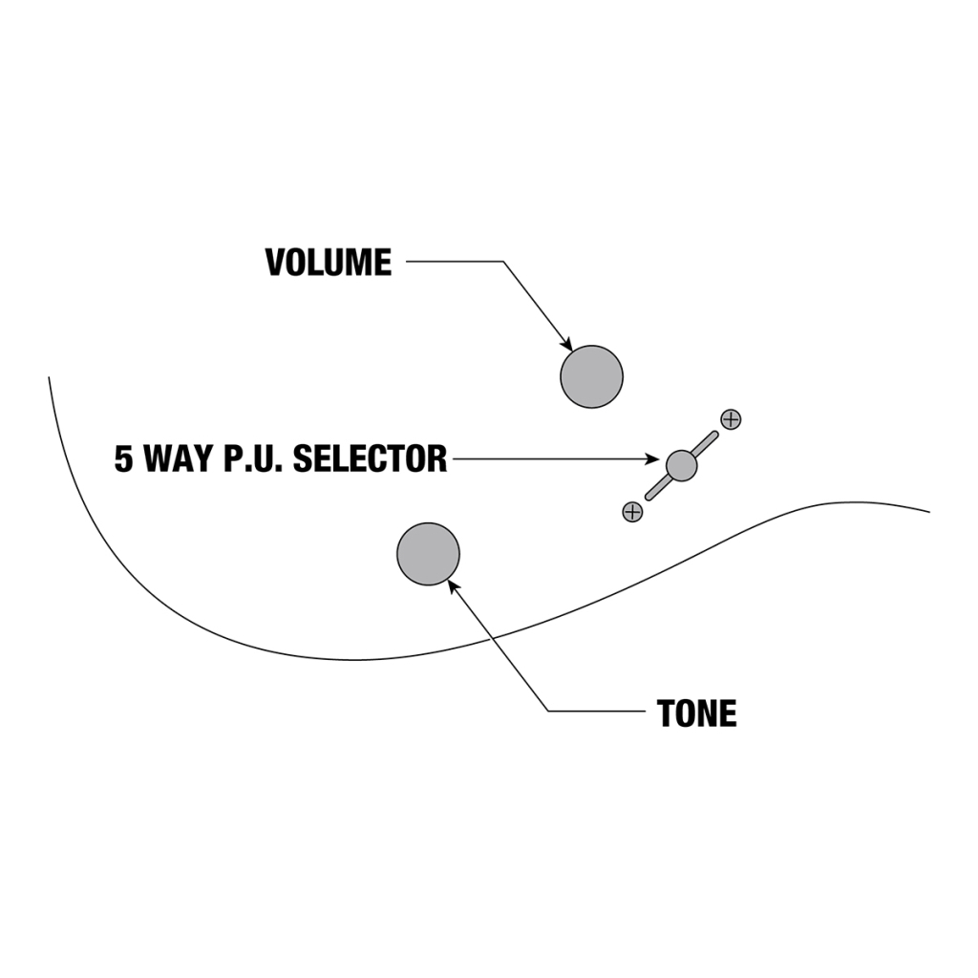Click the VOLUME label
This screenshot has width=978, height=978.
329,263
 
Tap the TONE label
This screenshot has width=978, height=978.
696,713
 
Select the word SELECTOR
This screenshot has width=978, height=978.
370,459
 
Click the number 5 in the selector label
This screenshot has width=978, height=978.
124,459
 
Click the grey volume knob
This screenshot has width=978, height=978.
591,376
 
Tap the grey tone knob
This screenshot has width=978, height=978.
428,554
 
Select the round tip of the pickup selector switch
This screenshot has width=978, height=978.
681,465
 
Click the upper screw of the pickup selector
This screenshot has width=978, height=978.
731,419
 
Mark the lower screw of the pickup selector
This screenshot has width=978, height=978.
632,512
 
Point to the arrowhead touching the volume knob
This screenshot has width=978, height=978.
567,345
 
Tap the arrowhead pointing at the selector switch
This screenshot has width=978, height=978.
654,459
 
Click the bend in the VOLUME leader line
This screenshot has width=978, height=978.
502,262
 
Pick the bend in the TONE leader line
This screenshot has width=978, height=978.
549,711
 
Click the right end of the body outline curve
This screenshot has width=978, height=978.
928,511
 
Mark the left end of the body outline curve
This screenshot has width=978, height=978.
50,378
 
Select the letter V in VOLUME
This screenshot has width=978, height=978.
276,263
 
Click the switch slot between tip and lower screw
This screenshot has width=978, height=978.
658,488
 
